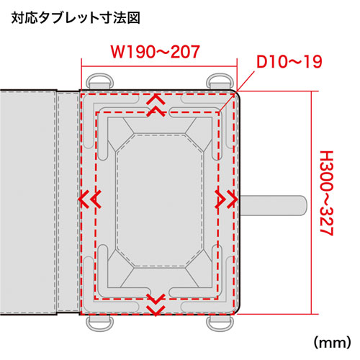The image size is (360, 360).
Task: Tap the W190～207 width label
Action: (x=156, y=52)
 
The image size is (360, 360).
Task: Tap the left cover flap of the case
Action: (x=29, y=202)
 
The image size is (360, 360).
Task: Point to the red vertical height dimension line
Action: (x=311, y=202)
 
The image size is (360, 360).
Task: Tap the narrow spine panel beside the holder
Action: (x=68, y=202)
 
